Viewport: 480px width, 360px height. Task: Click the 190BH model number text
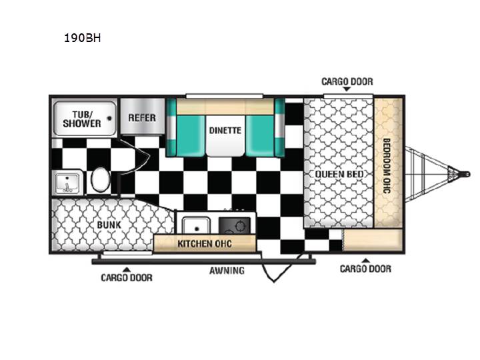coord(83,38)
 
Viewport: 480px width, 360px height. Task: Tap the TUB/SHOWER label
coord(82,119)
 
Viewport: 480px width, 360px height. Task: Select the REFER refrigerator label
coord(142,118)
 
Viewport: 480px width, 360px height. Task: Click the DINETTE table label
coord(225,131)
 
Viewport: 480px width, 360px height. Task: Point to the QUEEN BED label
coord(339,174)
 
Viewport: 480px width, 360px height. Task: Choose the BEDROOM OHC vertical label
coord(387,166)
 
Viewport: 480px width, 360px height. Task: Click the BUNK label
coord(109,225)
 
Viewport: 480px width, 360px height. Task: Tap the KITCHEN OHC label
coord(205,244)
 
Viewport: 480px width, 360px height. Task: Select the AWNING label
coord(227,271)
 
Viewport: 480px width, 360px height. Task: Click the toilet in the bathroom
coord(101,180)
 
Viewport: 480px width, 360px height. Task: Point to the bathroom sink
coord(68,183)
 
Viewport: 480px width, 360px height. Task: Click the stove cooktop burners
coord(235,226)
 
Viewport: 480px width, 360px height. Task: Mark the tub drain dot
coord(109,119)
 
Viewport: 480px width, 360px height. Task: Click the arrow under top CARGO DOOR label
coord(347,89)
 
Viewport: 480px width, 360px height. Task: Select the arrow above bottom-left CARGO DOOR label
coord(127,270)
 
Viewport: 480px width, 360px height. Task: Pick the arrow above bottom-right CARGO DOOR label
coord(365,261)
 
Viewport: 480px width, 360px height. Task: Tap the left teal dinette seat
coord(191,135)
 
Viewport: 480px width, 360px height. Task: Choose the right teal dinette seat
coord(260,135)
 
